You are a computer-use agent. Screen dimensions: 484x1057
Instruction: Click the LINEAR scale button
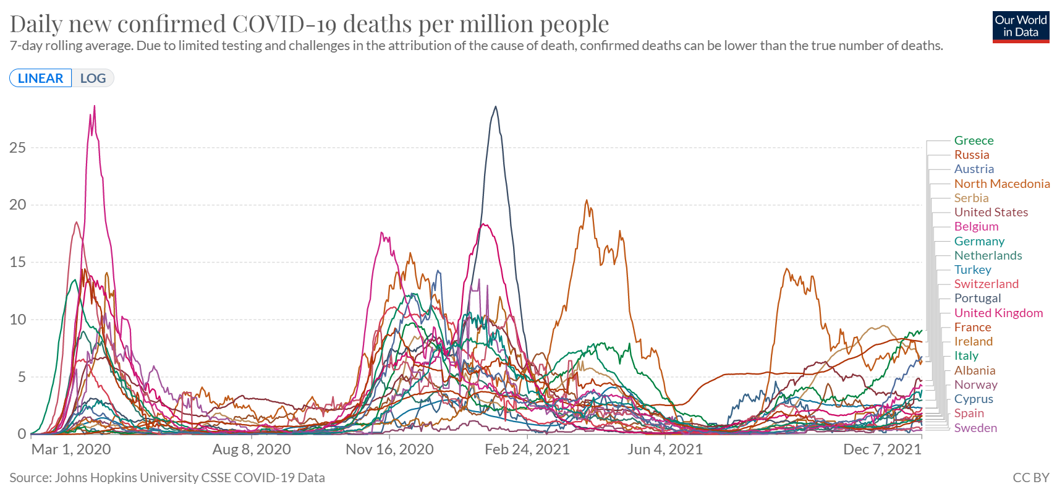40,79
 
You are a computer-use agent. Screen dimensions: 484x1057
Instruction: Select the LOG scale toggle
93,79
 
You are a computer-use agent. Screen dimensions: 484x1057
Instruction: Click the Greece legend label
974,140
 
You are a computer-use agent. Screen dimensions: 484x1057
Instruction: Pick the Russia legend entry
972,155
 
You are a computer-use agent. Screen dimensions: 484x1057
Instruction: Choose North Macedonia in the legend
1001,184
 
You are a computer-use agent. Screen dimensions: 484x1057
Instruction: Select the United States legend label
991,212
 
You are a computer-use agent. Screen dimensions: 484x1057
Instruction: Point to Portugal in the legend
977,298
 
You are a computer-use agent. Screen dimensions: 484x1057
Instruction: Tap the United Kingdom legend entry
998,313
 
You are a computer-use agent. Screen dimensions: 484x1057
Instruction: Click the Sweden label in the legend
975,428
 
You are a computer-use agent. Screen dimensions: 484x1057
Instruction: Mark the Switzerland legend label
986,284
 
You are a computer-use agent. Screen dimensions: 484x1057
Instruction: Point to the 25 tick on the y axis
17,147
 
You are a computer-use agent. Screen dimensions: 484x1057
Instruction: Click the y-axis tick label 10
17,320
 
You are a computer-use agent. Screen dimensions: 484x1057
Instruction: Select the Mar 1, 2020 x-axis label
71,449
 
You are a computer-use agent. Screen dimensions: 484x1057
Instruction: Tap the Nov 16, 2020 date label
389,449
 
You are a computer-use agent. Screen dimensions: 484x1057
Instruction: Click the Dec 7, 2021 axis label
882,449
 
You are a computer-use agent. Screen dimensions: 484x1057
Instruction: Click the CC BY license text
1030,477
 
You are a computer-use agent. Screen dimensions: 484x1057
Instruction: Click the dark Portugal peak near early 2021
495,108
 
